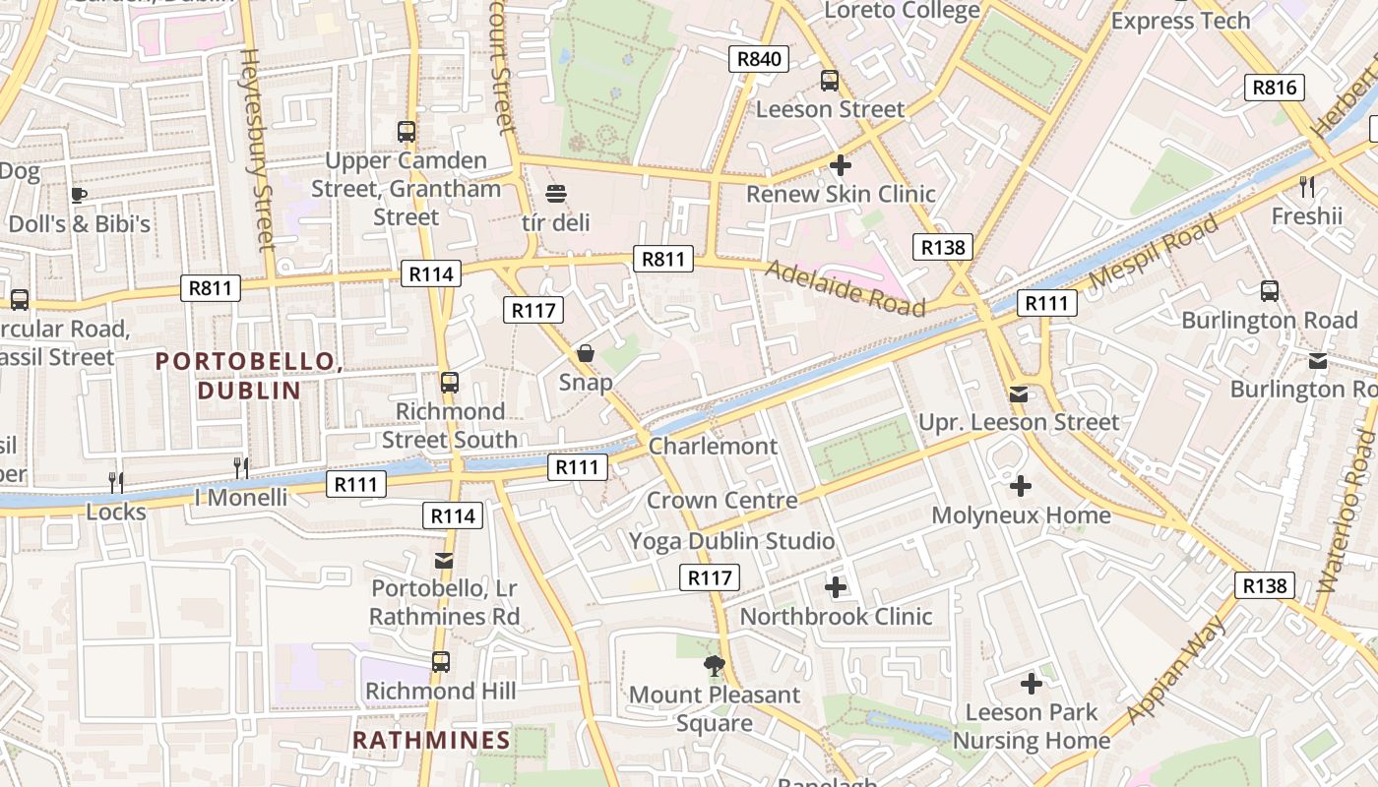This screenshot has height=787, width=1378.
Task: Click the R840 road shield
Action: [759, 59]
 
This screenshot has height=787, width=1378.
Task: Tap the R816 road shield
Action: [1275, 88]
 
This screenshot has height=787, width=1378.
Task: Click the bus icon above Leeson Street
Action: [830, 81]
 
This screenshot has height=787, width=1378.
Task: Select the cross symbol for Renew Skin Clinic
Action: [840, 165]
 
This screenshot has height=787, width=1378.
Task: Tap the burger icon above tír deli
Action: [556, 194]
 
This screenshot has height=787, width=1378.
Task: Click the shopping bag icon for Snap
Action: [586, 353]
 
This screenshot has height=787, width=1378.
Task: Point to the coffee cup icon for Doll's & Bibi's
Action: [79, 195]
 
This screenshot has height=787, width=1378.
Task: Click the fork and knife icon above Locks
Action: [116, 482]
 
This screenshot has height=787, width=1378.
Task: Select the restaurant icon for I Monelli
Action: [241, 467]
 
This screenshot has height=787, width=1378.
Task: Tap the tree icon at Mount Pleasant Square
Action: [715, 666]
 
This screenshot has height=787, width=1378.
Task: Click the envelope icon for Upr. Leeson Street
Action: [1019, 394]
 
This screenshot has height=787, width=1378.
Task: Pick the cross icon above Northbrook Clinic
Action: [836, 588]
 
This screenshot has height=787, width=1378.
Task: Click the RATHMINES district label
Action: [431, 740]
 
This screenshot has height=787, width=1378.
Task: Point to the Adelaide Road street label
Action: [846, 288]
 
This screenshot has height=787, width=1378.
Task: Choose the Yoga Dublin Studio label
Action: [731, 541]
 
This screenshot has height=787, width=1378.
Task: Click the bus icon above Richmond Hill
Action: [441, 662]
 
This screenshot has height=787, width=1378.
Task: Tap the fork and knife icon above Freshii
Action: [1307, 186]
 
